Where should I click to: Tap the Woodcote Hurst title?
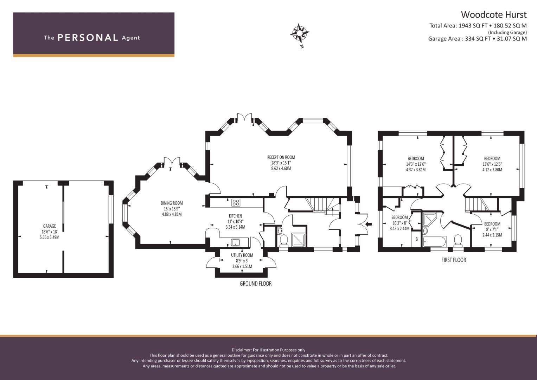tap(494, 15)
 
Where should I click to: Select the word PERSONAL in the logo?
tap(88, 38)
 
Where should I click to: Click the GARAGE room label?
tap(49, 226)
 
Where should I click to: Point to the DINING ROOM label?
tap(172, 203)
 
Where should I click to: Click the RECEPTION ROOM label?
tap(281, 157)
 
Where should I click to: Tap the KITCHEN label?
tap(235, 216)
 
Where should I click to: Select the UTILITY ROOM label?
tap(242, 255)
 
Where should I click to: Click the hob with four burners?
tap(236, 202)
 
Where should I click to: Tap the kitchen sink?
tap(235, 242)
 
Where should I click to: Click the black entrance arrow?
tap(369, 224)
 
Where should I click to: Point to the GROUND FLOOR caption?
tap(256, 284)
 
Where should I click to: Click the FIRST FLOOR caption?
tap(454, 260)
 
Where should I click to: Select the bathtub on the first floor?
tap(434, 241)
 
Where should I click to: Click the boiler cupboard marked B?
tap(417, 239)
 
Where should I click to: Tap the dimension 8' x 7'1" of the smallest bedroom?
tap(492, 229)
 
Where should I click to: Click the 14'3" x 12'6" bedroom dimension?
tap(416, 164)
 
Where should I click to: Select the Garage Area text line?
tap(478, 39)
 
